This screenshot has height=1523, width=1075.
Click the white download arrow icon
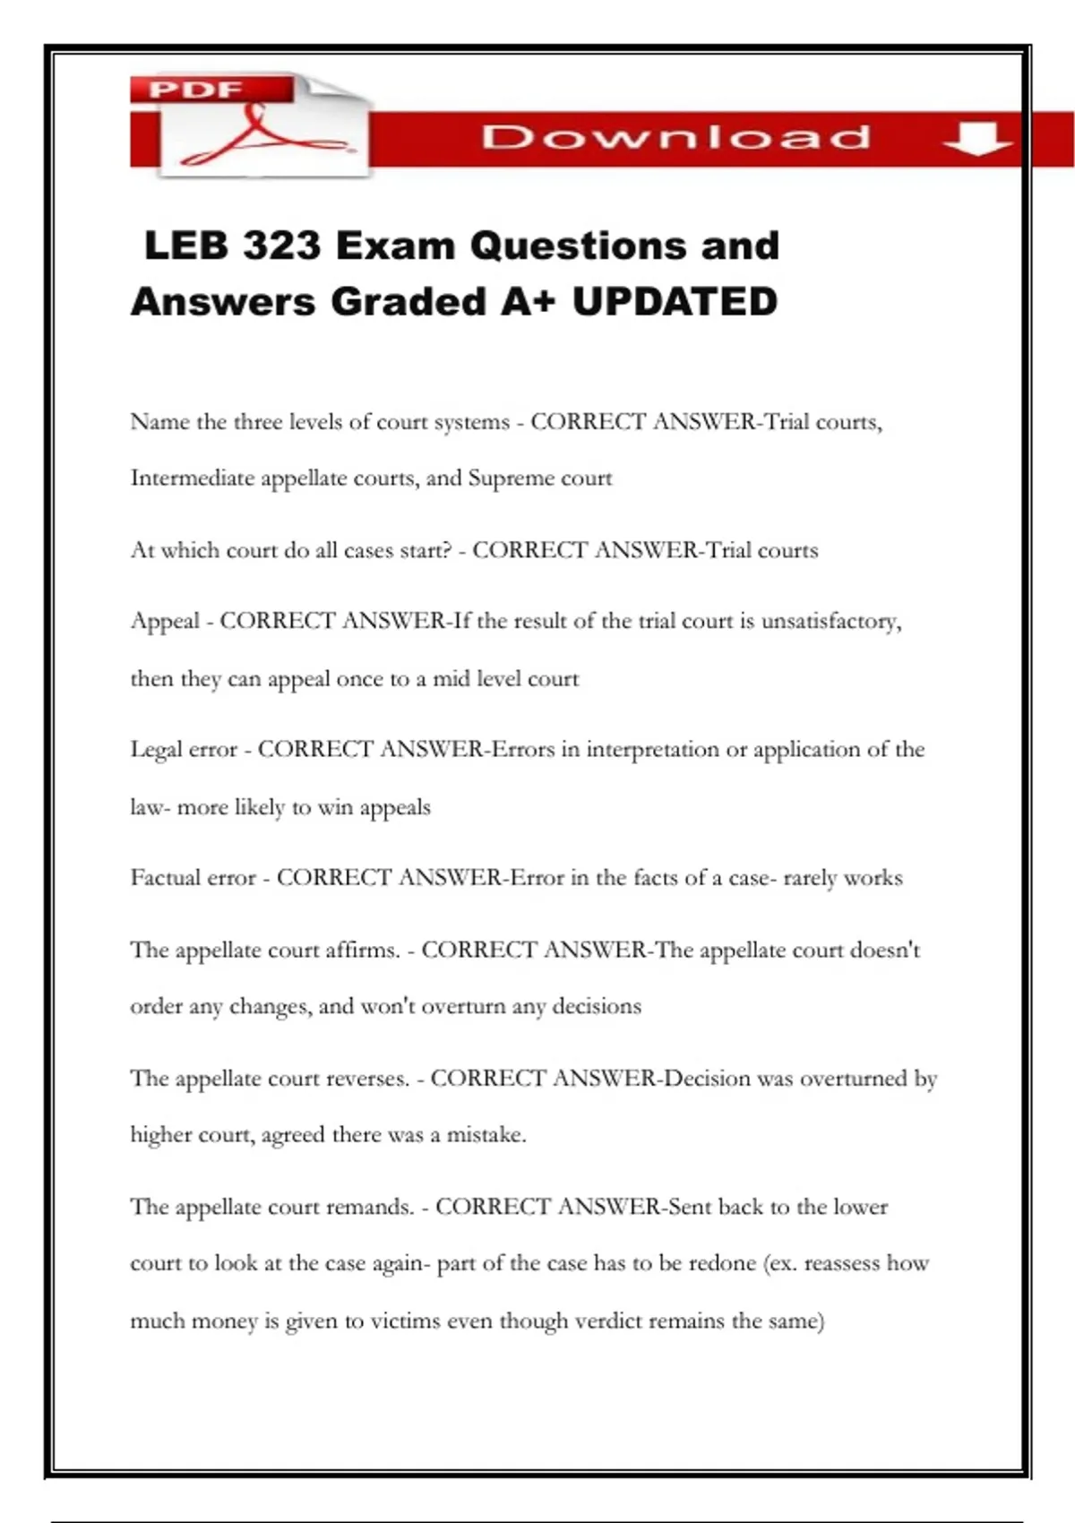click(x=977, y=138)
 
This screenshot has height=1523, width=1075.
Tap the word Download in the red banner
click(x=676, y=137)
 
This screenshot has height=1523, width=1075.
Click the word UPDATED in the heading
click(x=675, y=301)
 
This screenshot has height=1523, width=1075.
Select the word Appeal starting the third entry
click(x=165, y=621)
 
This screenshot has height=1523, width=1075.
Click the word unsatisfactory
click(x=830, y=621)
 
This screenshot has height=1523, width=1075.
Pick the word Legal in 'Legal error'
click(x=156, y=750)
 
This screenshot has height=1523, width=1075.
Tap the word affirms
click(x=363, y=950)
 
